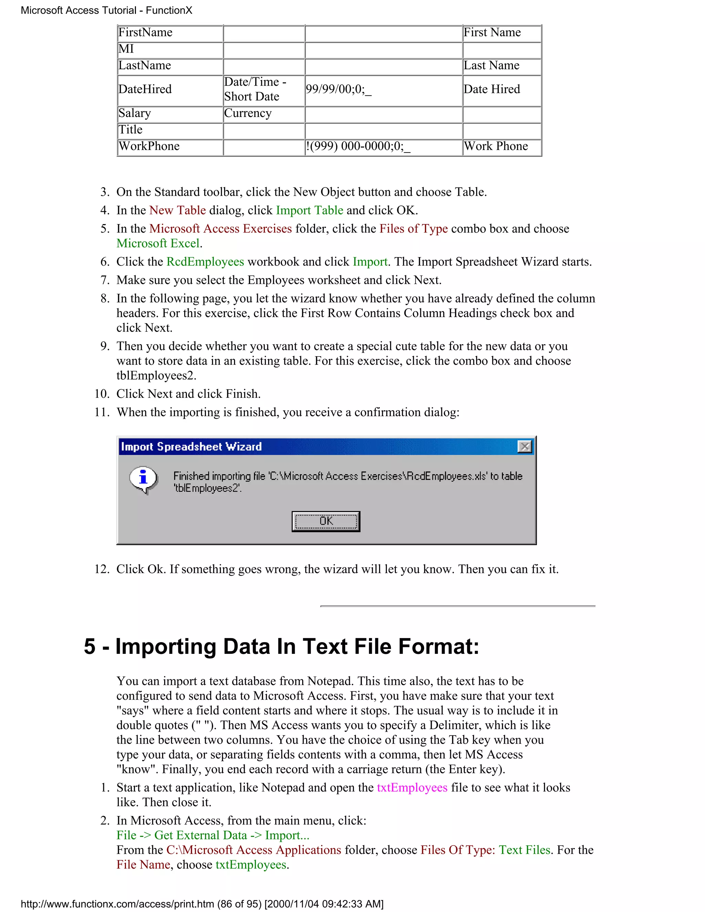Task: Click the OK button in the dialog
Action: point(326,521)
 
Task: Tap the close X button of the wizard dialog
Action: point(524,446)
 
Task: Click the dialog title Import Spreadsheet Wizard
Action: point(191,446)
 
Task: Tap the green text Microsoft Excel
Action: point(158,243)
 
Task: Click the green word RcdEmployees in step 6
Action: point(205,262)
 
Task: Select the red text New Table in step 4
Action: point(178,211)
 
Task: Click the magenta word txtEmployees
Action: point(412,787)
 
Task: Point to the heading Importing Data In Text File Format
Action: point(281,646)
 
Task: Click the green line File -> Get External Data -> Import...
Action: point(213,835)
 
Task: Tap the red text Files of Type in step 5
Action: point(413,229)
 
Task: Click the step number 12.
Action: point(102,569)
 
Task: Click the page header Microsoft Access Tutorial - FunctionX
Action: point(106,10)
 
